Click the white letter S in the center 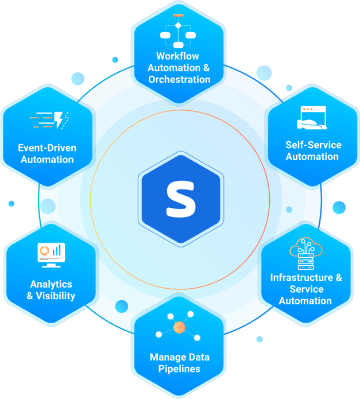[x=181, y=199]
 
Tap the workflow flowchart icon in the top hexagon [x=178, y=32]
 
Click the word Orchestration [x=179, y=79]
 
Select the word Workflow [x=177, y=56]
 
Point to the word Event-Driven [x=47, y=148]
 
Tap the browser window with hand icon [x=312, y=118]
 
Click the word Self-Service [x=313, y=145]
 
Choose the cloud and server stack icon [x=306, y=253]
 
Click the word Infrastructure [x=301, y=277]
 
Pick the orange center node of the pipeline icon [x=179, y=327]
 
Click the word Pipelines [x=179, y=369]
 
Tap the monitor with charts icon [x=51, y=255]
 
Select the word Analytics [x=51, y=284]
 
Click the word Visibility [x=56, y=296]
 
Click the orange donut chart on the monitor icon [x=44, y=251]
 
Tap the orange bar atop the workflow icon [x=178, y=16]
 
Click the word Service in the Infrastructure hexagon [x=307, y=289]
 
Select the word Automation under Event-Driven [x=47, y=160]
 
